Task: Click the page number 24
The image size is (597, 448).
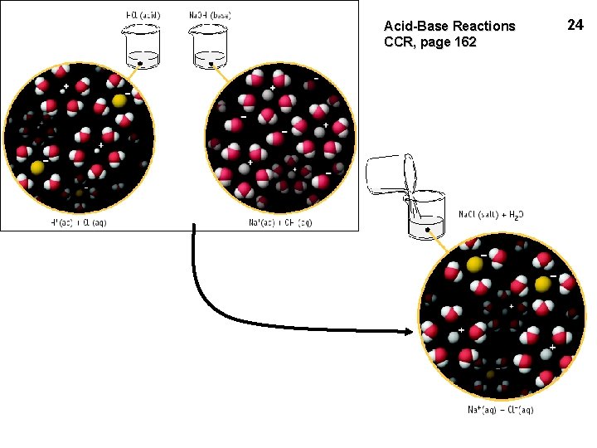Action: (575, 25)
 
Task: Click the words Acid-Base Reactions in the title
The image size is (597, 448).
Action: (449, 26)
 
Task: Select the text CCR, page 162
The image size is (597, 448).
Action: (430, 41)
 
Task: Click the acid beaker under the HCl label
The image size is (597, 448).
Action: (141, 50)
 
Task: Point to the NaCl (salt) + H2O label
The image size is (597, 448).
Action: (492, 214)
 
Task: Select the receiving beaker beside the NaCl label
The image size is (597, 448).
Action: (427, 218)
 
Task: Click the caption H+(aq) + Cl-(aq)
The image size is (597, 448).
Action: (76, 222)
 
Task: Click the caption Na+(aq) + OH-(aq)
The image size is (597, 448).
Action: (280, 222)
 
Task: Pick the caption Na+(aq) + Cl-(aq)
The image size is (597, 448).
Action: (499, 409)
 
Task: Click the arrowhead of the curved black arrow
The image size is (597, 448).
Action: (408, 333)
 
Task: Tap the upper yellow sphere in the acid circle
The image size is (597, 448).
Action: (119, 101)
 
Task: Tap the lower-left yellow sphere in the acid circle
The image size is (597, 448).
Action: (36, 168)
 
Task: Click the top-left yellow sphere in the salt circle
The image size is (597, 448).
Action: (474, 265)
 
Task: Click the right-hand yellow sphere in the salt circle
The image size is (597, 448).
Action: (542, 285)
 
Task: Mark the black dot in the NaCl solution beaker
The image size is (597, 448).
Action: (427, 228)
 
